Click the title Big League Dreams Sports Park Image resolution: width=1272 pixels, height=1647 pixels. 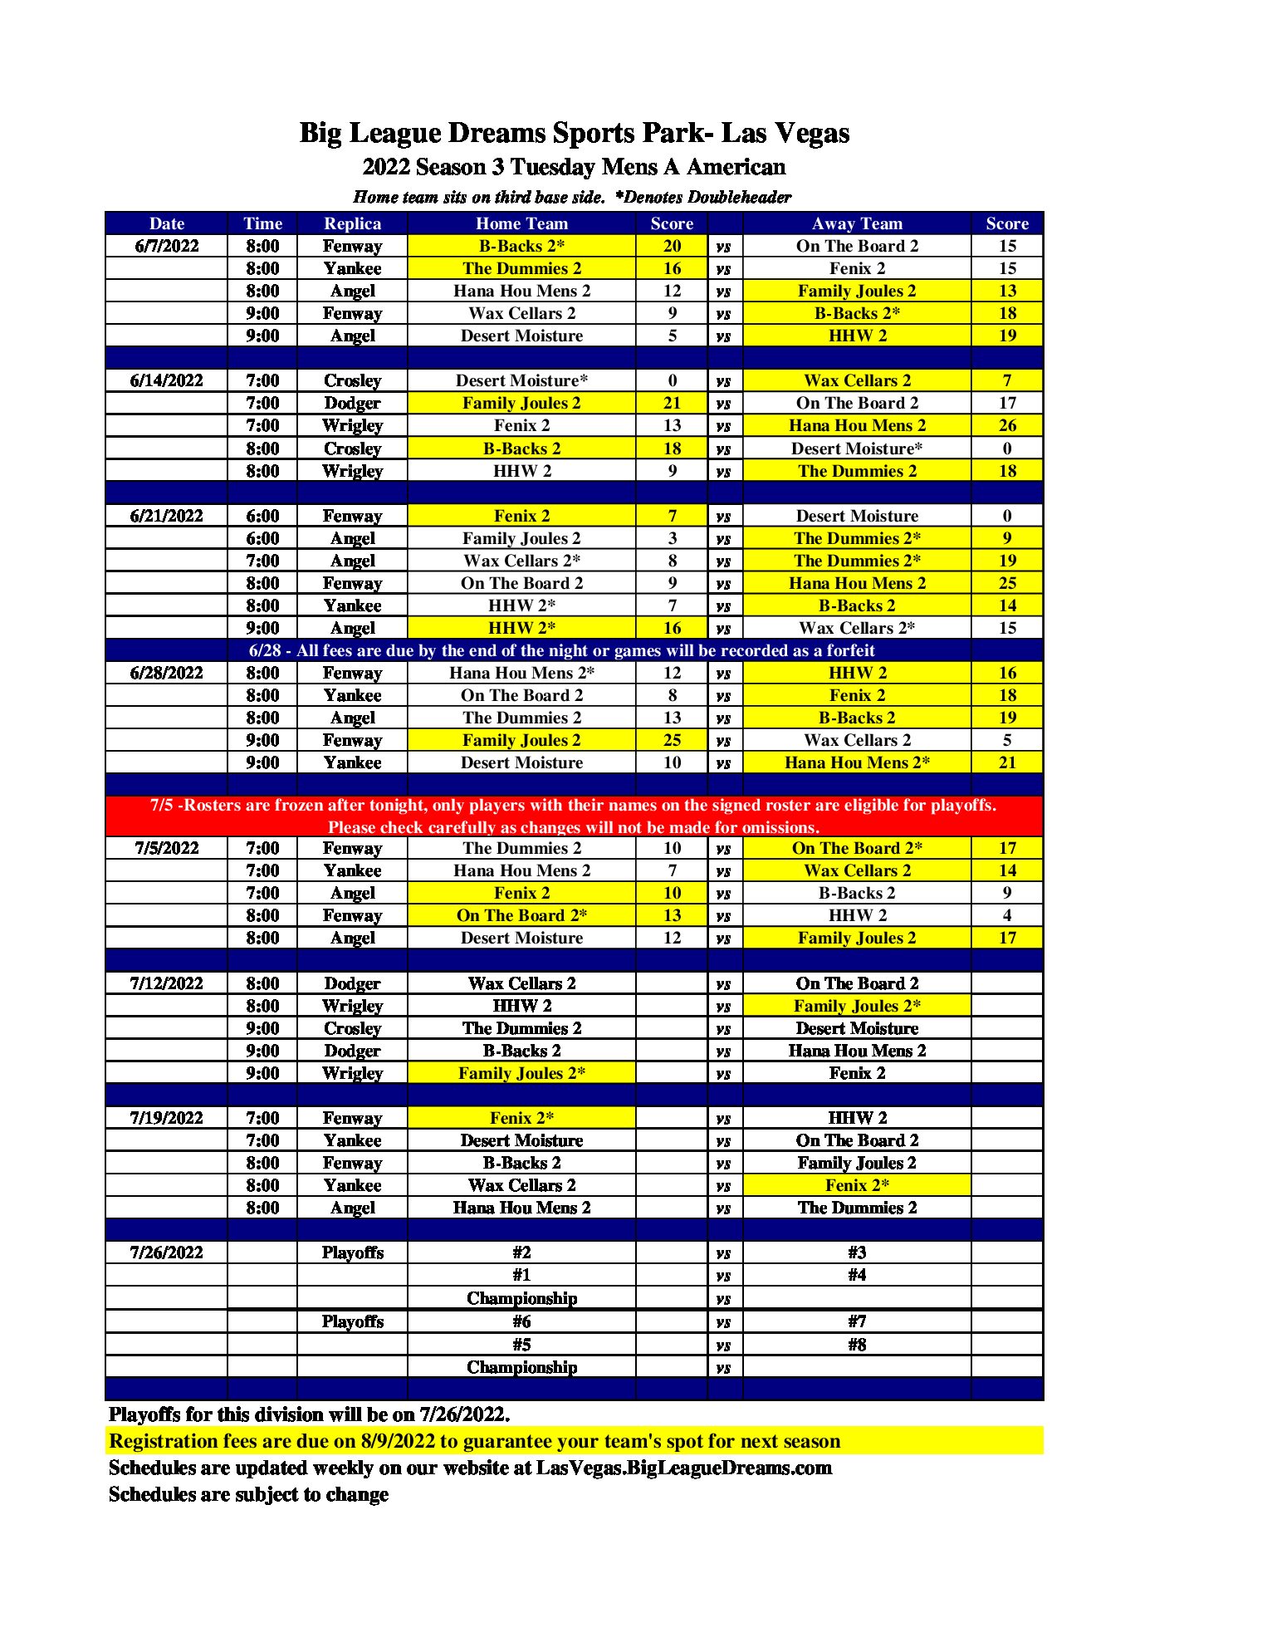pos(574,133)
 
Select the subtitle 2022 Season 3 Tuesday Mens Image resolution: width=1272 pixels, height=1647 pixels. pos(574,167)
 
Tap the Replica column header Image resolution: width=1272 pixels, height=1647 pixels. pos(352,223)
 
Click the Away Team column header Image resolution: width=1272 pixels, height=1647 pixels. pos(857,223)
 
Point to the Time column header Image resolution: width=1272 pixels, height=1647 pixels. pos(262,223)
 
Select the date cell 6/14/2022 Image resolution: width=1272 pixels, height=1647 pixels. pos(166,380)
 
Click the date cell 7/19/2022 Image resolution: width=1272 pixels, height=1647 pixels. pos(166,1118)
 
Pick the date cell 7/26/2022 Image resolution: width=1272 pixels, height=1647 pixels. pos(166,1252)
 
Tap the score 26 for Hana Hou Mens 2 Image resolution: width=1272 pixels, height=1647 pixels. pos(1007,425)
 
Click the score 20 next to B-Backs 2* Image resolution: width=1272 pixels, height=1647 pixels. pos(672,246)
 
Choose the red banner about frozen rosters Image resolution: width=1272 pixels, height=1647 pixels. pos(574,816)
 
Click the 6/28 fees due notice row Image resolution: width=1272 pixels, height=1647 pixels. pos(561,650)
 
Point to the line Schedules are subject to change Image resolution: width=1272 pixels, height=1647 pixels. pos(248,1494)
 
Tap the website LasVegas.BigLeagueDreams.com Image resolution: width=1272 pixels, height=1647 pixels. pos(683,1468)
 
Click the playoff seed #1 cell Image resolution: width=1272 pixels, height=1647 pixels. pos(521,1275)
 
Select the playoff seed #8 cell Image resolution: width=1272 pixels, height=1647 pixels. pos(857,1345)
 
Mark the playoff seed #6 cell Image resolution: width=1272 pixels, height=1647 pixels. pos(521,1321)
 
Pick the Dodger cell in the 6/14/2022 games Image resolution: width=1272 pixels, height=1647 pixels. pos(352,403)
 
